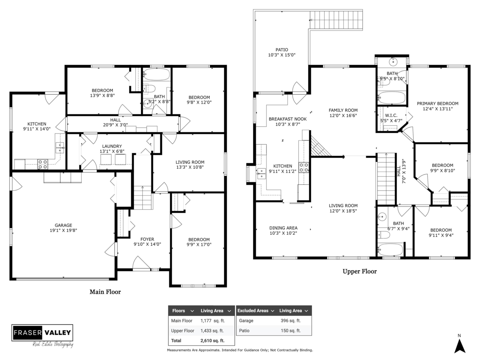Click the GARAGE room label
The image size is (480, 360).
coord(63,225)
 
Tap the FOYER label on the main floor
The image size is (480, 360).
coord(147,239)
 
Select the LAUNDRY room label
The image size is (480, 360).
coord(112,146)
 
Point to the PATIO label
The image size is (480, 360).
coord(282,50)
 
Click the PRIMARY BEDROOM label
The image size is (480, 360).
coord(437,104)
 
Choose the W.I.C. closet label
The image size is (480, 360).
coord(391,115)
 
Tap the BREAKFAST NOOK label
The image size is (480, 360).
coord(288,119)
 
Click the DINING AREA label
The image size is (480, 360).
coord(283,228)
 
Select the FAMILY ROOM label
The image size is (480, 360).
coord(343,110)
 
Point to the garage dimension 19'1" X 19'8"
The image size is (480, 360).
coord(63,230)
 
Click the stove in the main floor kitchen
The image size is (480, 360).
coord(43,164)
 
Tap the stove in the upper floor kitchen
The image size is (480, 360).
coord(304,168)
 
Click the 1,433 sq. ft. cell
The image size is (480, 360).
coord(212,331)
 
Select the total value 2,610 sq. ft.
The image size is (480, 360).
coord(212,340)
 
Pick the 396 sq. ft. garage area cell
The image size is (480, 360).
coord(291,321)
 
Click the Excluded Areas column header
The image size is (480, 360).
coord(253,311)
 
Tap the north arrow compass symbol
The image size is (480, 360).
coord(460,346)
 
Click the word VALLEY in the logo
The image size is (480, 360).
coord(58,333)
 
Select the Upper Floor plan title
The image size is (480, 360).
coord(360,272)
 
